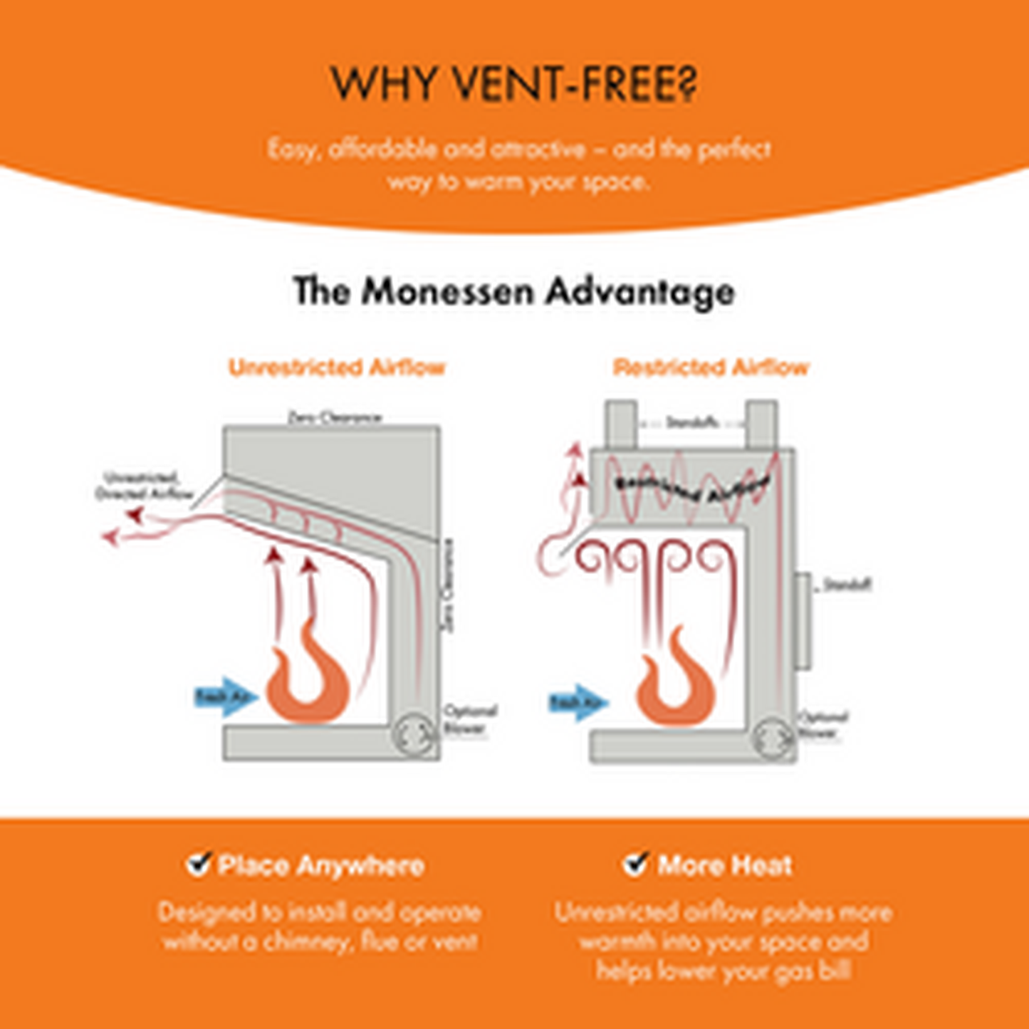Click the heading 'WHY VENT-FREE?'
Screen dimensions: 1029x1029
click(514, 84)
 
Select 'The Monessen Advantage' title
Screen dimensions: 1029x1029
click(514, 291)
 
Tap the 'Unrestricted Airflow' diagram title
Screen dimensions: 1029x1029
click(337, 367)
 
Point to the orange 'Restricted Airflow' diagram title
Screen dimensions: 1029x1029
click(711, 367)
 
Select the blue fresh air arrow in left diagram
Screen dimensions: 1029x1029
click(225, 696)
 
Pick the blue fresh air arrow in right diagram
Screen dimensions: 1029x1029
click(578, 703)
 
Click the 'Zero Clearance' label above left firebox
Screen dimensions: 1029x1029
click(335, 417)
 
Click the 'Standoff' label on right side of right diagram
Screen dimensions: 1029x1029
click(847, 585)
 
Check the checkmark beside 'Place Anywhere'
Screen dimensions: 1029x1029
click(199, 864)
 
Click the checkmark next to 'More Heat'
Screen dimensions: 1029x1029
click(635, 864)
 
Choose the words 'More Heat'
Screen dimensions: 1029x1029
click(724, 866)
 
